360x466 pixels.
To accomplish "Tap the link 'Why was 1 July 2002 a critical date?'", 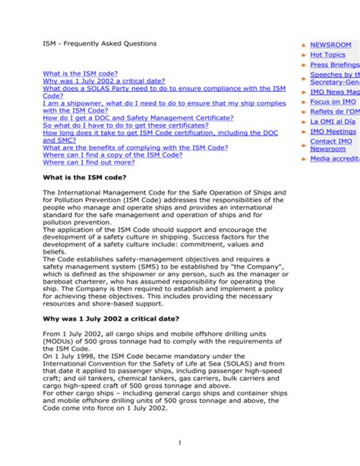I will point(103,81).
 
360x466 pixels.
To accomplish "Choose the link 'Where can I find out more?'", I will point(88,162).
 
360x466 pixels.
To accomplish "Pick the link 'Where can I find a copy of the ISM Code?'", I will point(112,154).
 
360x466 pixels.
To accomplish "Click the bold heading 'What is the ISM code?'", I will point(84,177).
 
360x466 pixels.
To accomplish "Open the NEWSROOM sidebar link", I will point(331,45).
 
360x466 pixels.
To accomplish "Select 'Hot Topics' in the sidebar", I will point(327,55).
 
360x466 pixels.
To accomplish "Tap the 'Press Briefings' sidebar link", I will point(334,65).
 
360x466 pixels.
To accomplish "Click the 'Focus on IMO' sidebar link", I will point(333,102).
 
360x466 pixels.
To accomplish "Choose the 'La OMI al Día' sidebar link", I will point(333,122).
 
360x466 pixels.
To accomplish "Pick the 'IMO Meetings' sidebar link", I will point(333,132).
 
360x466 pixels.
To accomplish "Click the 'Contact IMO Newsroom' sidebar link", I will point(330,144).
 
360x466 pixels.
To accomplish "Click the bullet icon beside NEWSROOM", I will point(305,46).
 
